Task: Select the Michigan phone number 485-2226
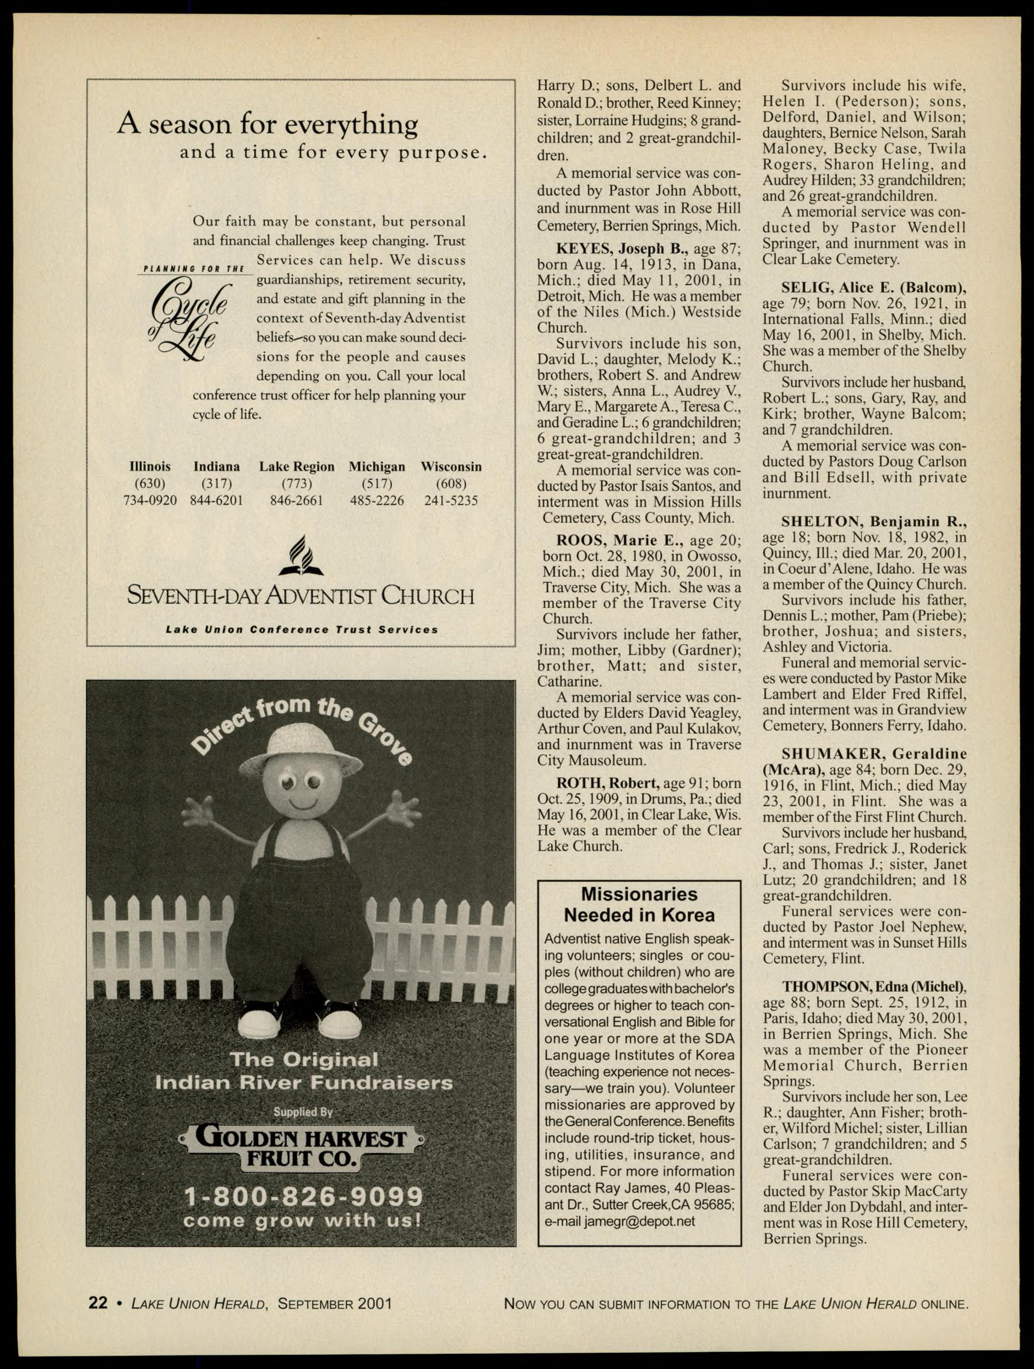click(377, 500)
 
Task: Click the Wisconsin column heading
click(451, 467)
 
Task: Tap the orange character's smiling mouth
click(301, 805)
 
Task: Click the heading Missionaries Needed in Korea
click(639, 904)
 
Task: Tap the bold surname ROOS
click(581, 540)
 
